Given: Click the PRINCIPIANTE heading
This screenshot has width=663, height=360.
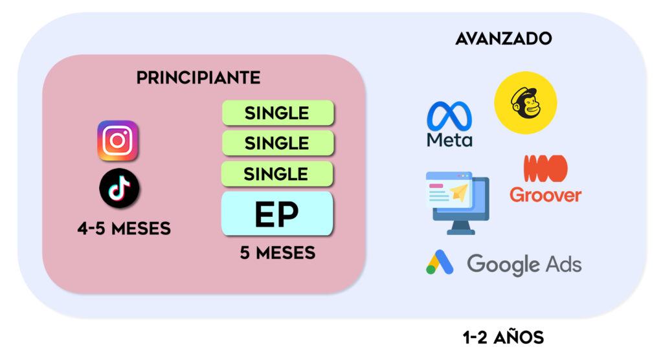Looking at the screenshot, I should click(x=198, y=78).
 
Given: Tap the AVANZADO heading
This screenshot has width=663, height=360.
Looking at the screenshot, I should click(x=503, y=38).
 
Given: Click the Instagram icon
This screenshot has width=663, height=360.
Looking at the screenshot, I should click(x=117, y=141).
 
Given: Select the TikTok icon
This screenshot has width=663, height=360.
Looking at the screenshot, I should click(x=119, y=188).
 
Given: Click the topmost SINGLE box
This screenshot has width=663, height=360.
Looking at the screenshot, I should click(x=277, y=113).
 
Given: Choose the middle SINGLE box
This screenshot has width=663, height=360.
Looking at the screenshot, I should click(x=277, y=143).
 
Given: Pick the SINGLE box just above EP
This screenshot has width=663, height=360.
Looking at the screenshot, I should click(x=277, y=174).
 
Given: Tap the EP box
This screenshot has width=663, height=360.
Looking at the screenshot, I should click(x=277, y=214).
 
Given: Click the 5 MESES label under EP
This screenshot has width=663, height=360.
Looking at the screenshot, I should click(x=277, y=253).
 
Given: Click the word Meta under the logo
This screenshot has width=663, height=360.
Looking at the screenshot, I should click(x=449, y=139).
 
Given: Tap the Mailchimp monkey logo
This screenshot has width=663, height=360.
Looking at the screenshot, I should click(x=525, y=102).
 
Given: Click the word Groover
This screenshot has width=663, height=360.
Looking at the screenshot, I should click(x=545, y=194).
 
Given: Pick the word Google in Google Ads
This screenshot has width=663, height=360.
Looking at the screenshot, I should click(x=503, y=264).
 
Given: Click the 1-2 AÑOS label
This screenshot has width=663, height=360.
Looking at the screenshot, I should click(x=503, y=337).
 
